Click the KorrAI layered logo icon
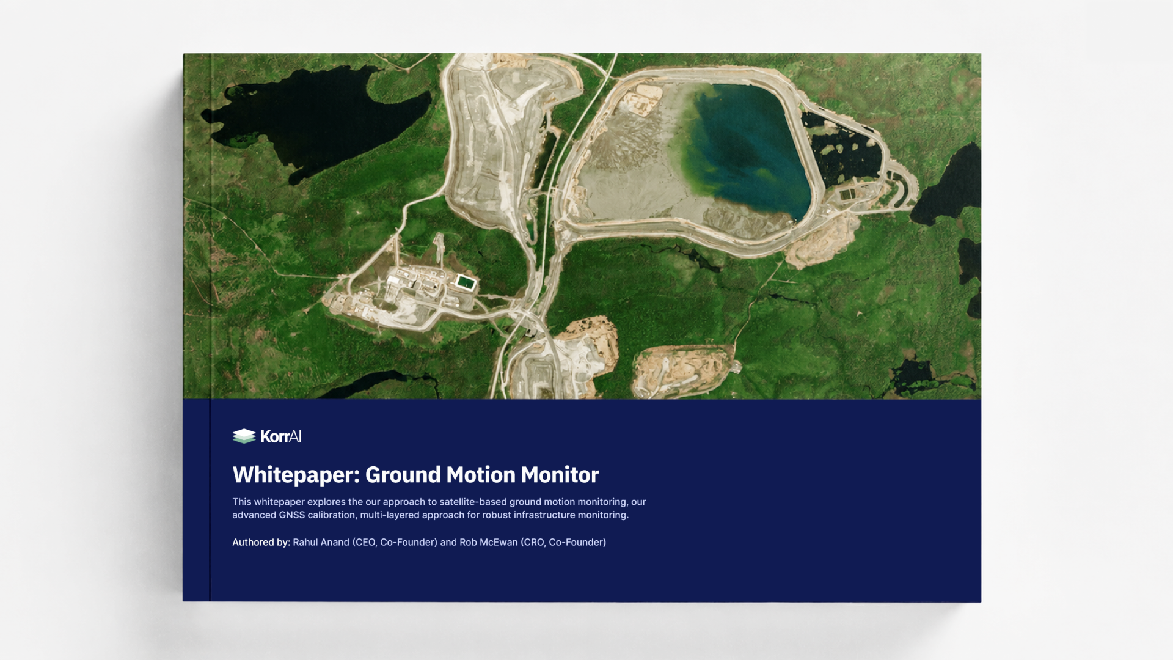(244, 436)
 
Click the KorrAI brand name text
(280, 436)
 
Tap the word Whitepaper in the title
(296, 475)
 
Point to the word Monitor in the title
(560, 475)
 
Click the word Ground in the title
(403, 475)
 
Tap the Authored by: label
(261, 542)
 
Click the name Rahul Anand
(321, 542)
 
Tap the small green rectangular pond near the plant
(466, 282)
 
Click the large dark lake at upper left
(305, 119)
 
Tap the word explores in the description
(326, 502)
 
